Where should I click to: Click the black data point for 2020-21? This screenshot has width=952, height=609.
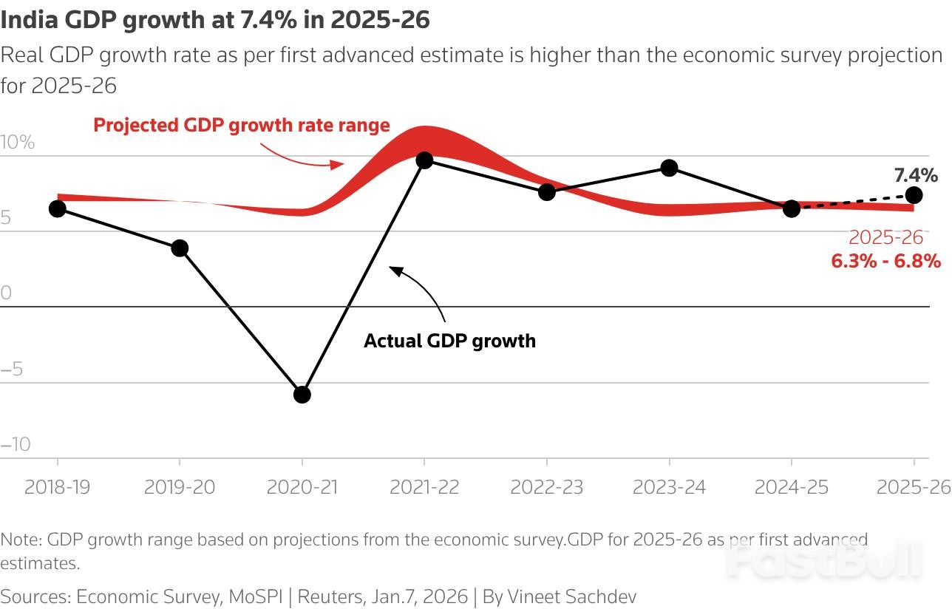302,395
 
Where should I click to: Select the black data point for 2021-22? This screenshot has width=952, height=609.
424,160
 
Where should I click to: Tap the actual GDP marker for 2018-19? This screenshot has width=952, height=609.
57,208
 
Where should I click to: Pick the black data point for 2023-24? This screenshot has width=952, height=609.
670,168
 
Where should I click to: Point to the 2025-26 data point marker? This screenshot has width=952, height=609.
914,195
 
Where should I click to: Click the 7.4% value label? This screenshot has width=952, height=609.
916,175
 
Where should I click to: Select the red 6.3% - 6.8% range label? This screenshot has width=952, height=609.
885,261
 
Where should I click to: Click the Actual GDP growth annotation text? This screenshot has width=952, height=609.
449,341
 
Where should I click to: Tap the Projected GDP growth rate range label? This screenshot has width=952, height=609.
242,125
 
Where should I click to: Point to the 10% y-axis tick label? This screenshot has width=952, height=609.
18,143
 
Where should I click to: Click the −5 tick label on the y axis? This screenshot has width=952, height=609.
13,368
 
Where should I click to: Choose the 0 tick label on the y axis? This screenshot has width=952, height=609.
7,293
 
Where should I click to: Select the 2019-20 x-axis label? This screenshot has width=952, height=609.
180,487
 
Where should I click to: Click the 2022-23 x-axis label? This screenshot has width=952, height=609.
547,487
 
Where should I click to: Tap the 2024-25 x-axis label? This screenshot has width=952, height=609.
792,487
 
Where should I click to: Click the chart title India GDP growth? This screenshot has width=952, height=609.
215,20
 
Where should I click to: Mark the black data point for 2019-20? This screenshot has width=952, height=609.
180,248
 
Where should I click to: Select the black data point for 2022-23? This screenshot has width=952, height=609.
547,191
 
